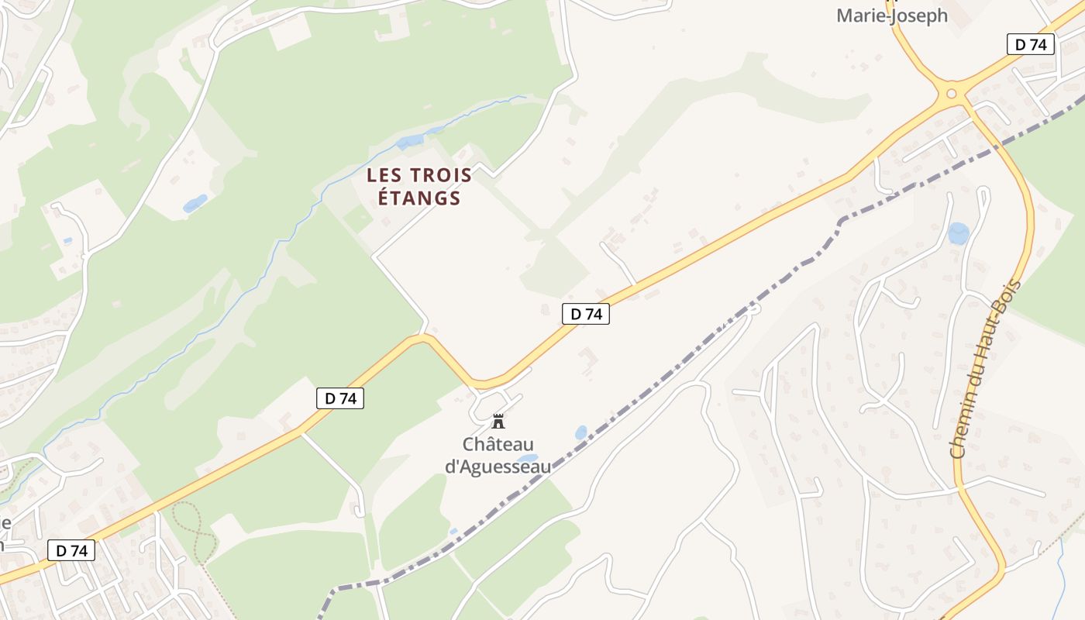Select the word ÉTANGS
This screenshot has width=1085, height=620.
tap(418, 198)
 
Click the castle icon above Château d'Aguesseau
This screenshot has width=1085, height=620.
tap(498, 422)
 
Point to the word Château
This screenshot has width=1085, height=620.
tap(498, 445)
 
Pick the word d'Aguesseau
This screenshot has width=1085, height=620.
tap(498, 467)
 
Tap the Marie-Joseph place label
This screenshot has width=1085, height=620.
tap(891, 15)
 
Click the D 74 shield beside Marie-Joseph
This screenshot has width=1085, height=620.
tap(1031, 44)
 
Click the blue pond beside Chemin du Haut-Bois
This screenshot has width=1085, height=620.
tap(959, 232)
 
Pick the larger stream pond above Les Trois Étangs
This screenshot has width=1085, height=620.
tap(410, 142)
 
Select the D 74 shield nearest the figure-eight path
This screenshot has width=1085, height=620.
tap(71, 550)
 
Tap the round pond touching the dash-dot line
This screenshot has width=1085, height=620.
tap(581, 432)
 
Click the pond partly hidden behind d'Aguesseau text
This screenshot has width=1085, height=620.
tap(528, 459)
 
